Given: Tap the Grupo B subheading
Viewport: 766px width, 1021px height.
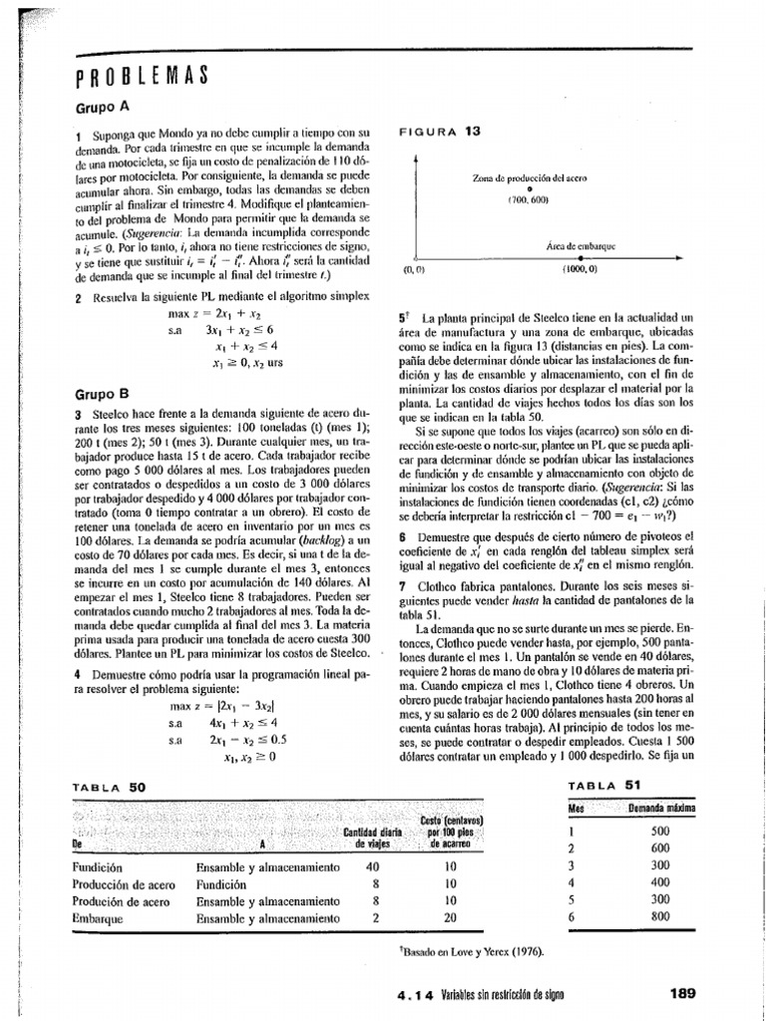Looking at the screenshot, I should pos(103,394).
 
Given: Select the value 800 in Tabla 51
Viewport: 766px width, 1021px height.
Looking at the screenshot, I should pos(660,918).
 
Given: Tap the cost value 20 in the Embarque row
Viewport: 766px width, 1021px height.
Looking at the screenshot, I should pos(450,917).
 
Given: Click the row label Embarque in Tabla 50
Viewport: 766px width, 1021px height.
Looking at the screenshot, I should pos(97,917).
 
